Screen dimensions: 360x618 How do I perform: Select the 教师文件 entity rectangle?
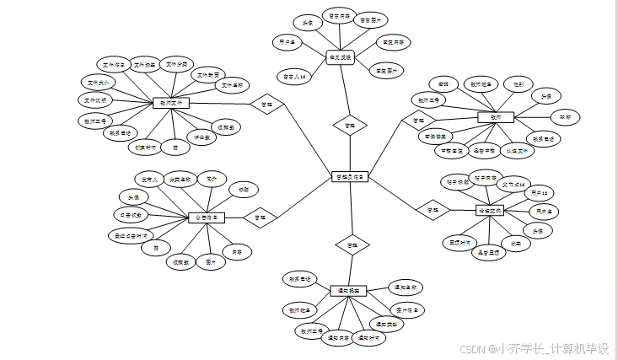point(172,103)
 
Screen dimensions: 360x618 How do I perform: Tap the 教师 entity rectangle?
point(495,117)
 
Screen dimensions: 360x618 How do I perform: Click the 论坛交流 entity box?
point(490,210)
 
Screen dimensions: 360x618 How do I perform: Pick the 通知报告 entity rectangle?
point(348,290)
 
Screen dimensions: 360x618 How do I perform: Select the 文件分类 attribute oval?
point(178,64)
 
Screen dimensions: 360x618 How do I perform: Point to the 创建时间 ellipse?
point(146,146)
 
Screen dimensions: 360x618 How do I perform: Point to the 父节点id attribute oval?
point(513,184)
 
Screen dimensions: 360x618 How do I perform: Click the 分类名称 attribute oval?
point(180,180)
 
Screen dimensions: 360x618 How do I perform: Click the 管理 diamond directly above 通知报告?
point(352,245)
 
